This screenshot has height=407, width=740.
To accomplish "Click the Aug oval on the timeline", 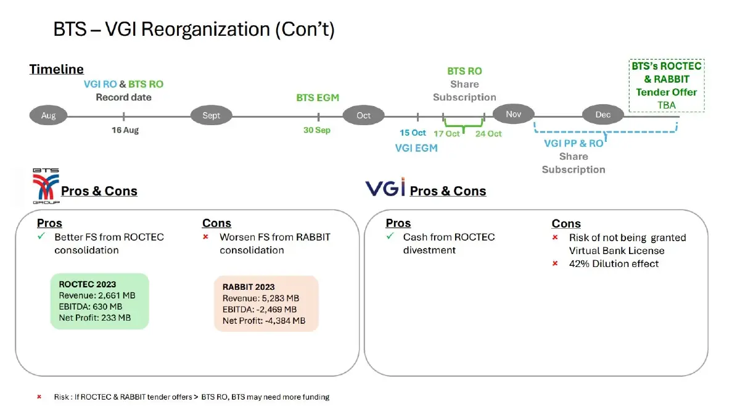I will tap(49, 115).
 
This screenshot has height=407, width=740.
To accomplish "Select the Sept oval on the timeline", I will tap(211, 115).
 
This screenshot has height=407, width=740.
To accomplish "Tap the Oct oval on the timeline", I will tap(363, 115).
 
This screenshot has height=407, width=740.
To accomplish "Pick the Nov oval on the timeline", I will tap(513, 115).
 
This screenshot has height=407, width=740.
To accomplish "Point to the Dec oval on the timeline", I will tap(602, 115).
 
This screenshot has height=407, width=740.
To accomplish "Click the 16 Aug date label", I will tap(125, 130).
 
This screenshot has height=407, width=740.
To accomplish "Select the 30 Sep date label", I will tap(317, 130).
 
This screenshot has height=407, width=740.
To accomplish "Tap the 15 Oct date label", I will tap(413, 133).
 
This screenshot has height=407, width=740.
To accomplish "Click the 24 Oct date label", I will tap(488, 133).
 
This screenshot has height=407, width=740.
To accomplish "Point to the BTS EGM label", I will tap(318, 97).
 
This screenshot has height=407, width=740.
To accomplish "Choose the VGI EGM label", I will tap(416, 148).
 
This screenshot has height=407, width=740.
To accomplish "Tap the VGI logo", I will tap(385, 187).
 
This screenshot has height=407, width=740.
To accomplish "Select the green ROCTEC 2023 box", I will tap(99, 301).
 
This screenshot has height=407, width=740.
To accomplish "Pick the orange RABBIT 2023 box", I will tap(266, 303).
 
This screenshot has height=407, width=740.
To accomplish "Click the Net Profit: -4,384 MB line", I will tap(264, 321).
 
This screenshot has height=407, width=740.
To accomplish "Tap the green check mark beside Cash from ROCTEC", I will tap(390, 237).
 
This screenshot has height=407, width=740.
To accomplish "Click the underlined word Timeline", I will tap(57, 70).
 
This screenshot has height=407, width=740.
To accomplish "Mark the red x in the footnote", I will tap(39, 397).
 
